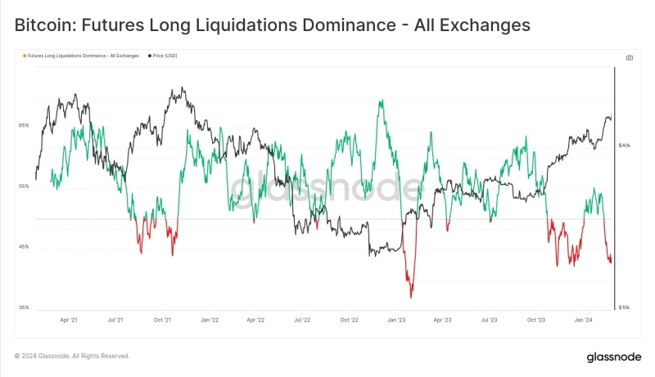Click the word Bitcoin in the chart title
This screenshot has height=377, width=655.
tap(41, 25)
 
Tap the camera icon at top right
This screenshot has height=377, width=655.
tap(629, 57)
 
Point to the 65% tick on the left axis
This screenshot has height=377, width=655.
tap(24, 125)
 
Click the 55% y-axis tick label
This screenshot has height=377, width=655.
tap(24, 186)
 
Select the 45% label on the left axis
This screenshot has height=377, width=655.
tap(24, 247)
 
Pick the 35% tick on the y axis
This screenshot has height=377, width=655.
tap(24, 307)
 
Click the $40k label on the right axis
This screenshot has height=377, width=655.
tap(625, 145)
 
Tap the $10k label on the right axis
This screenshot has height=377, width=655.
tap(625, 307)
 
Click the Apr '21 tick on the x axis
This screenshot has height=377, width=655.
tap(69, 321)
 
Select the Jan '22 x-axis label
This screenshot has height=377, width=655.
tap(209, 321)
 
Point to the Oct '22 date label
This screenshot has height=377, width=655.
tap(350, 321)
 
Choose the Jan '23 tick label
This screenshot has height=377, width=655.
tap(396, 321)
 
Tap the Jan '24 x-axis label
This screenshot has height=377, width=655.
tap(584, 321)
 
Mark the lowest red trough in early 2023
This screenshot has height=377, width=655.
tap(411, 297)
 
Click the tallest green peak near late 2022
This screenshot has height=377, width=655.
tap(382, 101)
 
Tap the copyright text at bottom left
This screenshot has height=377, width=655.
tap(72, 356)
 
